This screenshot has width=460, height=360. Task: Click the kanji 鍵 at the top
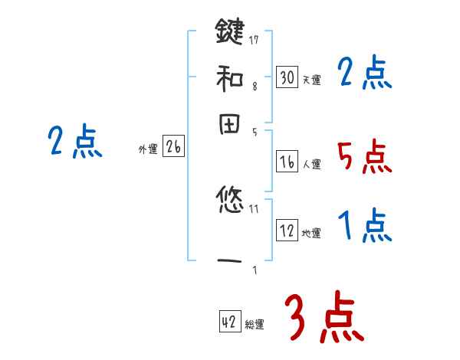coord(230,34)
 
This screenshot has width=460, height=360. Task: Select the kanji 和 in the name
coord(230,77)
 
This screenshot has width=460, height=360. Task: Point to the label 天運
coord(311,80)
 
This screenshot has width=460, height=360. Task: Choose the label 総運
coord(255,325)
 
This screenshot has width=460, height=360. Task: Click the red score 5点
coord(363,157)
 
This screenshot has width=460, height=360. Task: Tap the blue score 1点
coord(363,226)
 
